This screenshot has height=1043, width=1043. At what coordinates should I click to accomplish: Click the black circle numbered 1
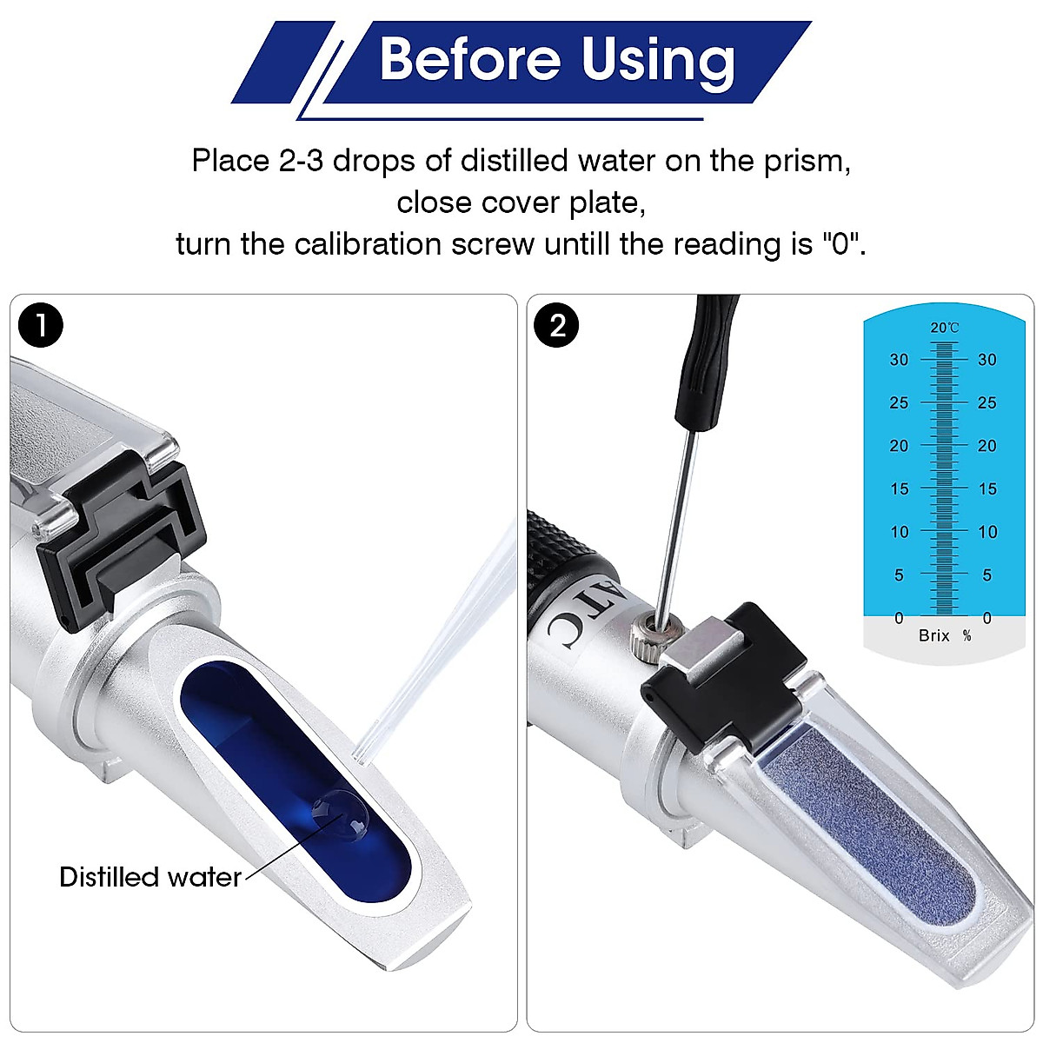(40, 326)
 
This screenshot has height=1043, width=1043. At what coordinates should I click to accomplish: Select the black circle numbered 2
(557, 326)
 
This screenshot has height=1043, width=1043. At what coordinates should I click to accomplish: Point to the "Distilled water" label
(149, 877)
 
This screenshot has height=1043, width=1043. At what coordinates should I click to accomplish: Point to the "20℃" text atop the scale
(944, 328)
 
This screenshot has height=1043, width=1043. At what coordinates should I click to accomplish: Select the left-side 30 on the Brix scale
(899, 360)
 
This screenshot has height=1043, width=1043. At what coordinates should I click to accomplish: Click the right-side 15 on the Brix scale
(987, 488)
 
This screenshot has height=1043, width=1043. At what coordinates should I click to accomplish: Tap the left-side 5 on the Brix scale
(899, 575)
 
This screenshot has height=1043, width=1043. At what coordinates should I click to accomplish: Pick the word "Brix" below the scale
(934, 635)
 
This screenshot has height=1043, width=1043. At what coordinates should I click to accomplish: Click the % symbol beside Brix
(967, 635)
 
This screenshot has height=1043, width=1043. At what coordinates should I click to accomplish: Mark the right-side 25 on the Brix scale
(987, 402)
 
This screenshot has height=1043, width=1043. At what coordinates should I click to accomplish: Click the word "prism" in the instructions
(805, 161)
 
